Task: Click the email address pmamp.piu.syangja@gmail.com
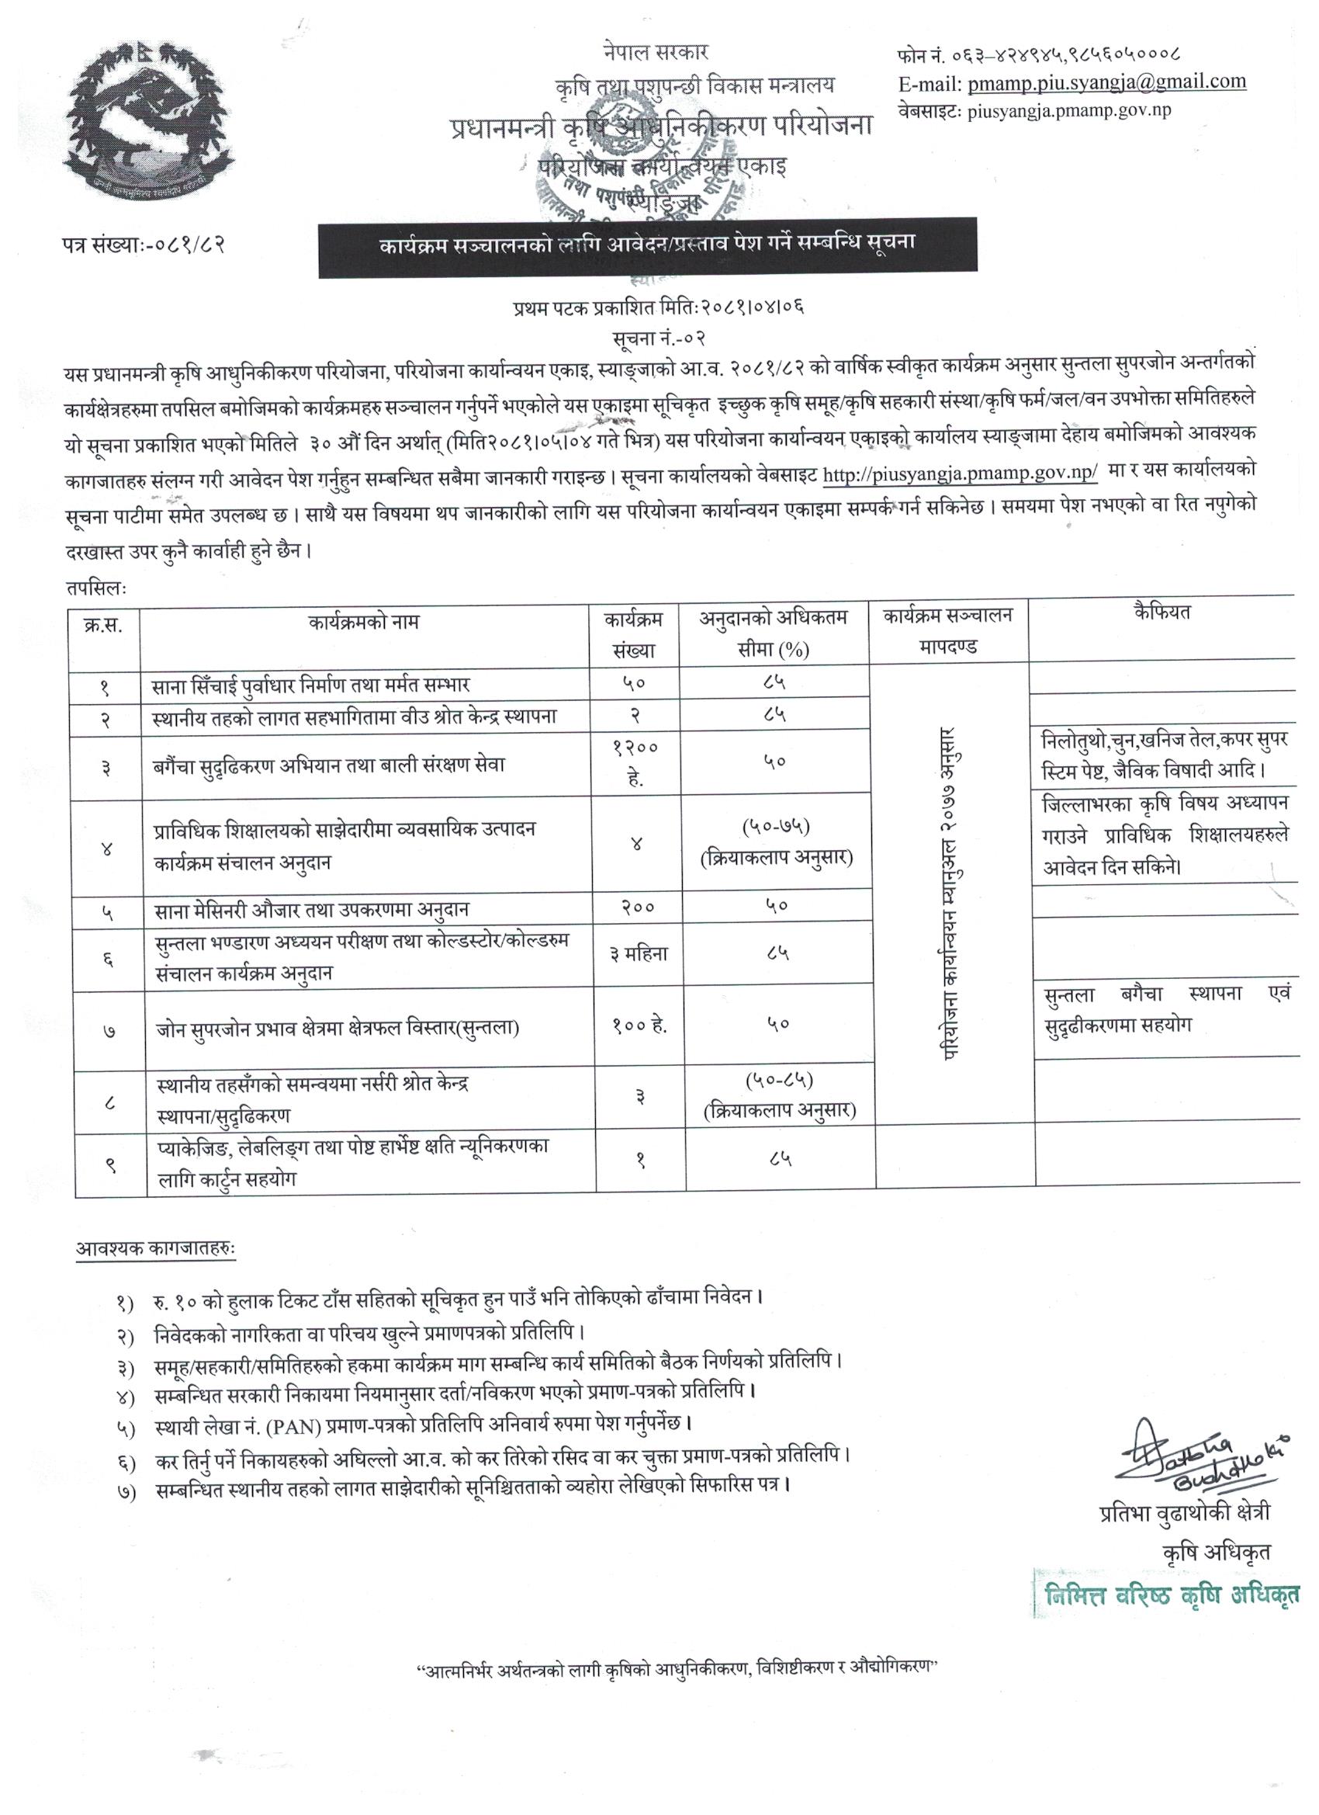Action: point(1106,82)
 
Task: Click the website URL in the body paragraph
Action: point(960,474)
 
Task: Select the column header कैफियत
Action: point(1161,613)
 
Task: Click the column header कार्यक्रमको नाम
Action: point(364,622)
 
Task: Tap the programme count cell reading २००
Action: point(637,907)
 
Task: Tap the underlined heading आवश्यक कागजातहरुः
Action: point(156,1248)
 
